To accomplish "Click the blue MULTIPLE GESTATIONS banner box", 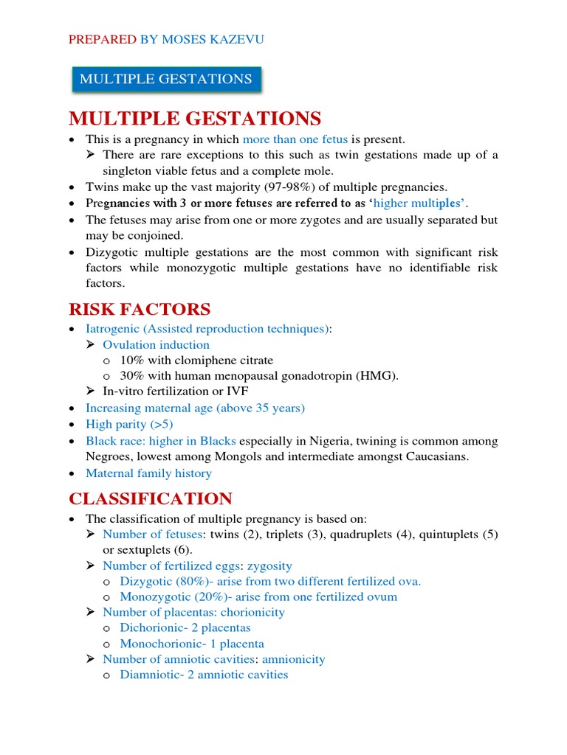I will click(166, 79).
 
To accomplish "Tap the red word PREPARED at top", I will click(103, 39).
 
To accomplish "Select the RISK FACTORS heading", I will click(140, 309).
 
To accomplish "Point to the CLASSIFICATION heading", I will click(151, 498).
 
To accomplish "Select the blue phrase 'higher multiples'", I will click(422, 203).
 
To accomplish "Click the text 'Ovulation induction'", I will click(156, 344).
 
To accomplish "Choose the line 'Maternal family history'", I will click(148, 473).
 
